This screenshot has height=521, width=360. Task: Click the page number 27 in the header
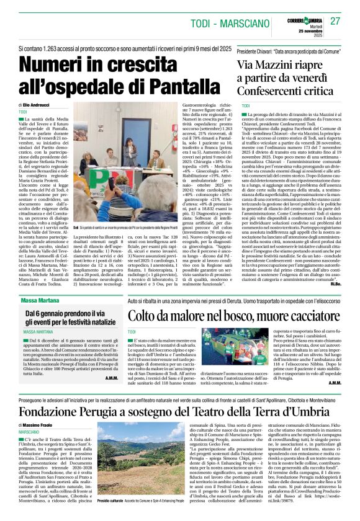point(336,20)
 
